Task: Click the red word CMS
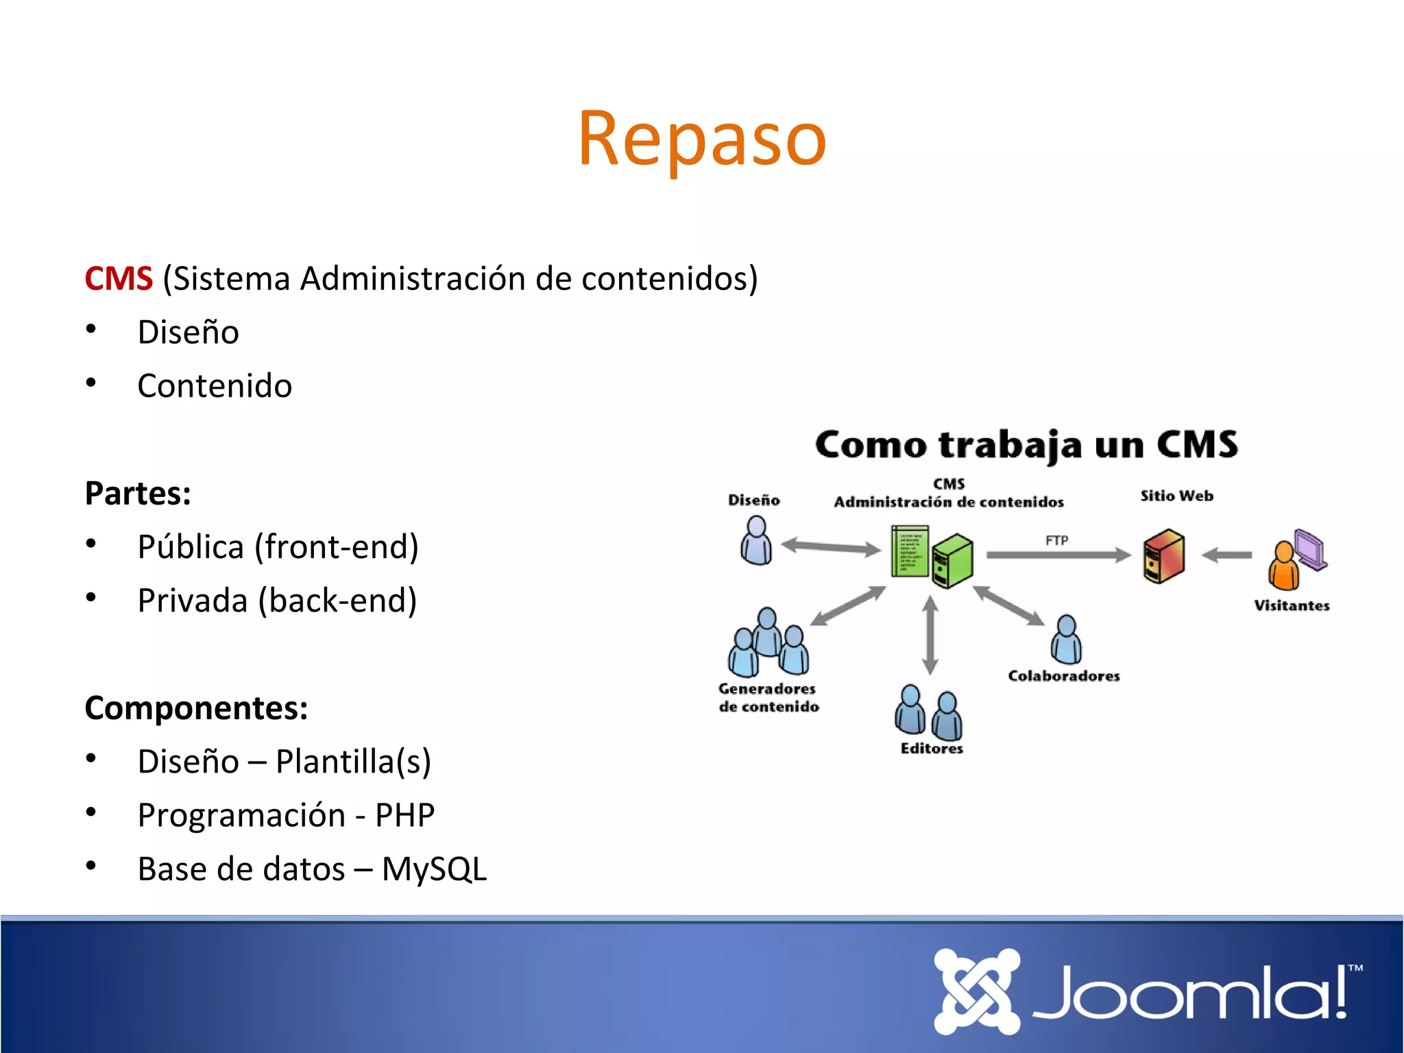[118, 278]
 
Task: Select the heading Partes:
[138, 493]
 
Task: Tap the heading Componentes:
[196, 707]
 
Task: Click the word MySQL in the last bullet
[434, 869]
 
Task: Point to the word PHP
[404, 815]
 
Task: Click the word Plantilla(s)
[353, 762]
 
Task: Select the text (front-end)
[336, 547]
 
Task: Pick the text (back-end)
[337, 601]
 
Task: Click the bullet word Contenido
[215, 386]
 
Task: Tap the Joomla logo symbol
[976, 991]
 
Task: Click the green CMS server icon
[954, 560]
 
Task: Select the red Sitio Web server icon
[1163, 555]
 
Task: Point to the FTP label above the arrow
[1056, 540]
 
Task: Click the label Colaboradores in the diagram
[1064, 676]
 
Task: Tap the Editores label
[932, 749]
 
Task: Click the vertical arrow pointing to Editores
[930, 634]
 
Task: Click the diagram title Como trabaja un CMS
[1026, 444]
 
